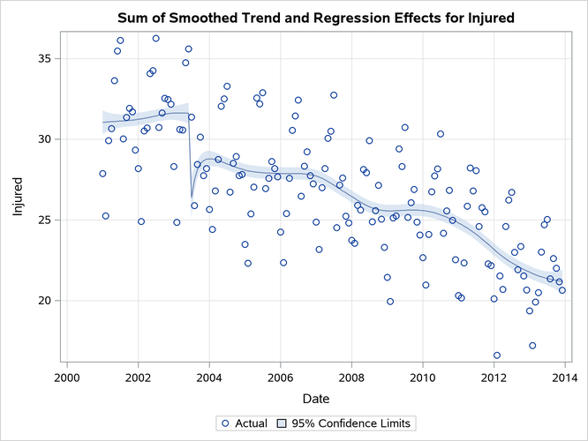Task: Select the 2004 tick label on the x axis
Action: pyautogui.click(x=208, y=377)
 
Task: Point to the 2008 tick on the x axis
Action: pyautogui.click(x=351, y=377)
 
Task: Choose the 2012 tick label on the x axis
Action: pyautogui.click(x=494, y=377)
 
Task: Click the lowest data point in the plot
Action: pyautogui.click(x=497, y=355)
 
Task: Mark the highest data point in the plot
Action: pyautogui.click(x=155, y=39)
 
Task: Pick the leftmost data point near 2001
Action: pyautogui.click(x=102, y=174)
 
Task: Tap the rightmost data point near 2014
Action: pyautogui.click(x=562, y=290)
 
